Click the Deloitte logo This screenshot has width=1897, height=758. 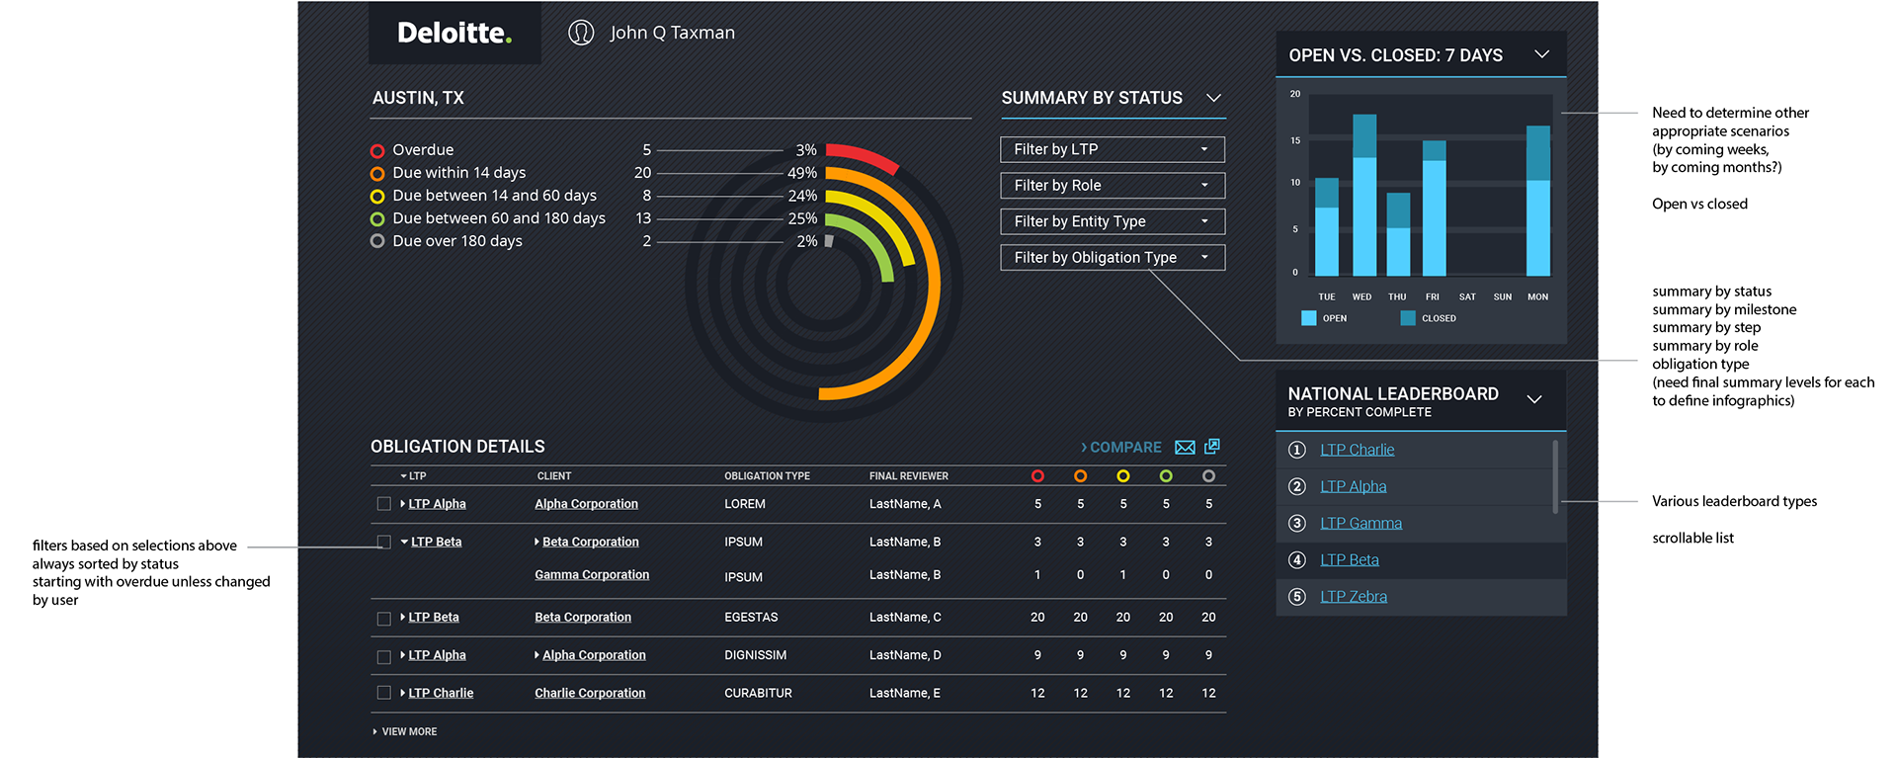(x=454, y=34)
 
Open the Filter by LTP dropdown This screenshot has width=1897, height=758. (x=1113, y=149)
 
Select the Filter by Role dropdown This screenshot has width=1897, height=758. (x=1113, y=186)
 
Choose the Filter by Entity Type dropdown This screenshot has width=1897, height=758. (x=1113, y=221)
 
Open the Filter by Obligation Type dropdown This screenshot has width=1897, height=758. (x=1113, y=258)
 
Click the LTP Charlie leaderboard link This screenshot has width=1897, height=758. (x=1357, y=450)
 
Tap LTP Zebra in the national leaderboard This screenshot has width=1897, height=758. (x=1353, y=597)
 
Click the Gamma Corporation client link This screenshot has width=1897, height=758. (x=592, y=575)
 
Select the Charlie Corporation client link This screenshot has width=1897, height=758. (x=590, y=694)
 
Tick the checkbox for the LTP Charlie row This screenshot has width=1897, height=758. (x=384, y=693)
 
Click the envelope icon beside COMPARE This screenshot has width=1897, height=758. (x=1185, y=448)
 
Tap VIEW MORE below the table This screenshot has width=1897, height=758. (x=408, y=732)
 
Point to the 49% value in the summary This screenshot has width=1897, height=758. (x=801, y=173)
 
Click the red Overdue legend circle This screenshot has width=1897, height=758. (x=377, y=151)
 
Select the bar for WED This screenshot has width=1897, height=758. (x=1363, y=198)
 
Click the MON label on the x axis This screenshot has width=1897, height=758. (x=1537, y=297)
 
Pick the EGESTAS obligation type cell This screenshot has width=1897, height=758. (x=751, y=618)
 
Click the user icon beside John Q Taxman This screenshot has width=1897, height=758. (x=581, y=34)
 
